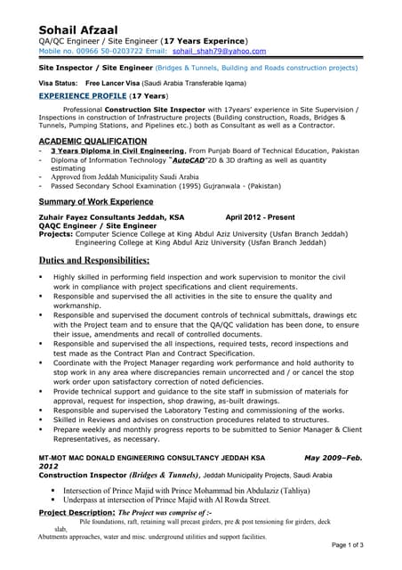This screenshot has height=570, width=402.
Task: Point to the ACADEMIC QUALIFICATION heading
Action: click(92, 142)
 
